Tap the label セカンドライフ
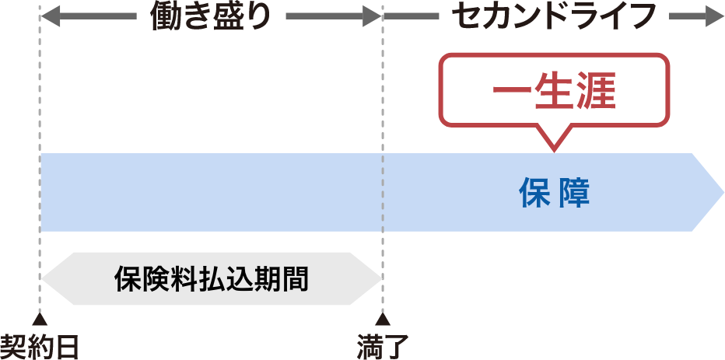coord(554,16)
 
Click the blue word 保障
coord(554,194)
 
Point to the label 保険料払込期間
coord(211,278)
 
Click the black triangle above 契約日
coord(40,320)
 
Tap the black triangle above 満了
coord(383,320)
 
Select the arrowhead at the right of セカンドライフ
coord(715,16)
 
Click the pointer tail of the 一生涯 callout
coord(554,142)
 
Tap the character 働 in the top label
coord(165,16)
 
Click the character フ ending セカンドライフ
coord(639,16)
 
